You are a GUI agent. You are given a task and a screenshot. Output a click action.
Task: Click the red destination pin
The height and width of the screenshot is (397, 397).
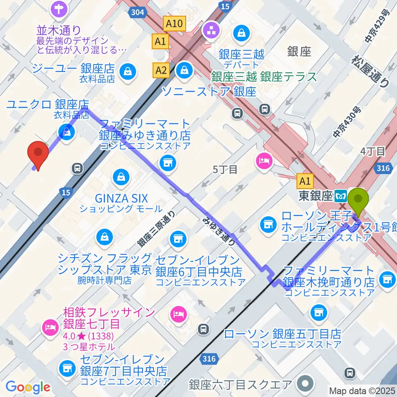coord(38,154)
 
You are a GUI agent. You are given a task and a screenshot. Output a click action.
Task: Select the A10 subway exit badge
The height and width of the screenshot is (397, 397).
coord(174,24)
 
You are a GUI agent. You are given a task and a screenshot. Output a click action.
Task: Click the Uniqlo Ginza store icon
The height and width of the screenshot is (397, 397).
coord(66,132)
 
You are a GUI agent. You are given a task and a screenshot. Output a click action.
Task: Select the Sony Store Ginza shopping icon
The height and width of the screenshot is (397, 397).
coord(182,70)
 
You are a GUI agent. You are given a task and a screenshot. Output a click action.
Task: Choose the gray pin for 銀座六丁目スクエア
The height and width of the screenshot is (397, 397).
coord(306,383)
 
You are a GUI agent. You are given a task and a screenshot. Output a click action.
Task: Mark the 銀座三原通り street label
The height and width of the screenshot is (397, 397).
coord(157,230)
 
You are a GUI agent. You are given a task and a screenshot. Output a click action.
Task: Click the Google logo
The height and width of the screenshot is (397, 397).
coord(28,387)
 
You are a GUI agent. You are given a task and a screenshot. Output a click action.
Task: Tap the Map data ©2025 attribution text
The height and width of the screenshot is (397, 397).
coord(362,390)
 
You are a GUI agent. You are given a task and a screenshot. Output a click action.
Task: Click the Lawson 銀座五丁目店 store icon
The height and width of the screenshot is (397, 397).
coord(319,312)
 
